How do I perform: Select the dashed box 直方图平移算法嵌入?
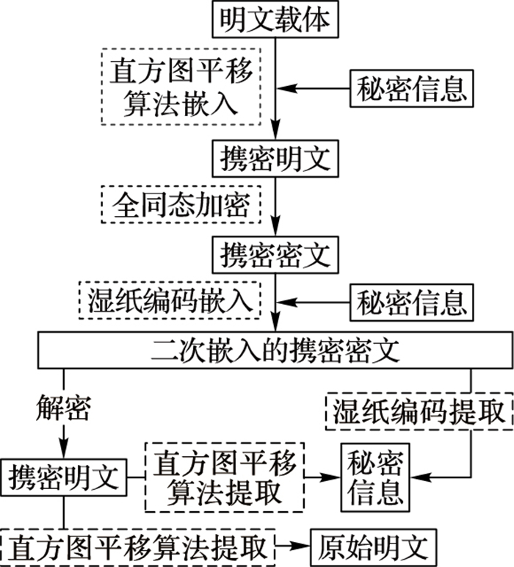(x=181, y=87)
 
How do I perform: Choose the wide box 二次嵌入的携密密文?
(x=275, y=350)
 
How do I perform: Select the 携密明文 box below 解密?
(x=64, y=478)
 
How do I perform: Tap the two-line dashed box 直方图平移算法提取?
(x=224, y=478)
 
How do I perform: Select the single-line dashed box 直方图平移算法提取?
(x=138, y=546)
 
